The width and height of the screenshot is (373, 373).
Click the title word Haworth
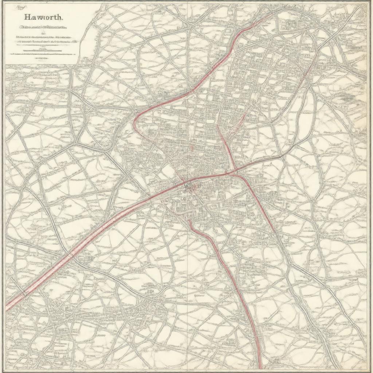click(x=43, y=17)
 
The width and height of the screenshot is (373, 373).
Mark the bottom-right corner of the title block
click(x=79, y=64)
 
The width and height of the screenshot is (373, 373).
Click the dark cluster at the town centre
click(x=188, y=186)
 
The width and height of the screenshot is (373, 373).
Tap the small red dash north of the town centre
click(x=191, y=148)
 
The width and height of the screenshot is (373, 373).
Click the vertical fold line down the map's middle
click(x=187, y=277)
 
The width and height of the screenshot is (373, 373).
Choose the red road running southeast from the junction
click(x=259, y=204)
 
